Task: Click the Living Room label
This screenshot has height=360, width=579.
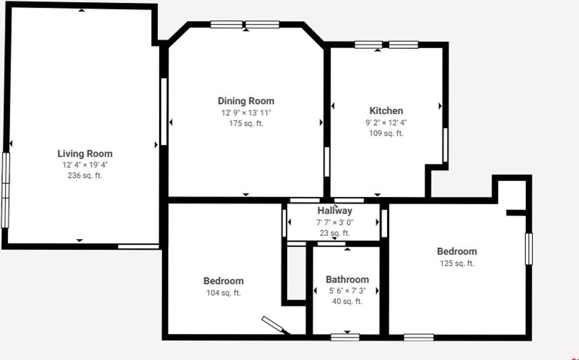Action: coord(85,154)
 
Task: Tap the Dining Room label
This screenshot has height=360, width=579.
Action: coord(246,101)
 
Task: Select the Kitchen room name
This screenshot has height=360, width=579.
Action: coord(386,111)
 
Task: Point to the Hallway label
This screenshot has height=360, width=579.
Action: coord(334,211)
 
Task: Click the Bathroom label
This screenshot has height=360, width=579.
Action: coord(347,279)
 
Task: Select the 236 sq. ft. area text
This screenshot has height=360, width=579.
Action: coord(85,176)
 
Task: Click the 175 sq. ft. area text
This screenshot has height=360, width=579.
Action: coord(246,123)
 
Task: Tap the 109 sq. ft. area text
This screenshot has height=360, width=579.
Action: coord(386,133)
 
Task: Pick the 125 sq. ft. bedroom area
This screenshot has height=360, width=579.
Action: coord(456,263)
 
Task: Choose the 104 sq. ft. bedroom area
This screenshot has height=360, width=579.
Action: coord(223,293)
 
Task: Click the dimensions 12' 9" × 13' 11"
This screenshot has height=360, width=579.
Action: coord(246,113)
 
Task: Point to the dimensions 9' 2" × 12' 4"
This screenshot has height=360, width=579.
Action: coord(386,123)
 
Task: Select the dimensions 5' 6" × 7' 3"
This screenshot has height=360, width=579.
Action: coord(347,291)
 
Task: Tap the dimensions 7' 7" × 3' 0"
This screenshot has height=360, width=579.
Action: coord(334,222)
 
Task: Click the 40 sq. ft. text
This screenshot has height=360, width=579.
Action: coord(347,302)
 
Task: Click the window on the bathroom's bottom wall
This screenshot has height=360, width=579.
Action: coord(345,337)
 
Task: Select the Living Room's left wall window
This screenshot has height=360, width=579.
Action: coord(5,190)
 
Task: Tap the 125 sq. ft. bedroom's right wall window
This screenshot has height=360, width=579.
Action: coord(528,249)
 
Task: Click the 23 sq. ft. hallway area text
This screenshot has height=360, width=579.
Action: coord(334,233)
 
